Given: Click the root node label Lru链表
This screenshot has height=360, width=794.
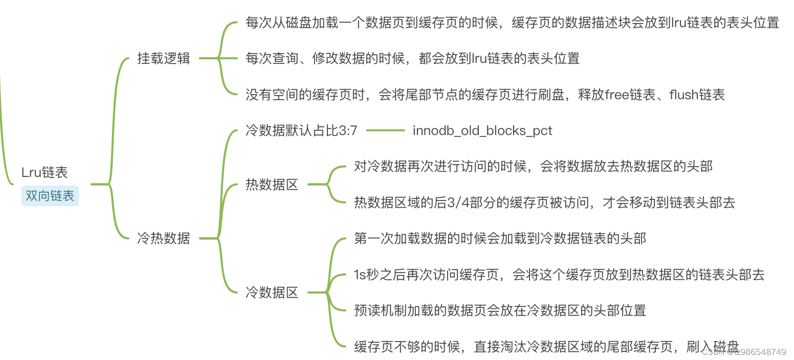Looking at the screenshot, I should tap(45, 173).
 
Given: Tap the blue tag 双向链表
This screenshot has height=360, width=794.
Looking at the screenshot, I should tap(50, 196).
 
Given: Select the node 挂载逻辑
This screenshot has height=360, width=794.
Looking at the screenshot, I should tap(164, 58).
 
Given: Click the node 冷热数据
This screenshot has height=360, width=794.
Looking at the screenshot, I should tap(164, 238).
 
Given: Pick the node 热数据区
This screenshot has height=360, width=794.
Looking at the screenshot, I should tap(272, 185).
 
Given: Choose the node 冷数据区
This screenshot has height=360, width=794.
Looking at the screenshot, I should tap(272, 293).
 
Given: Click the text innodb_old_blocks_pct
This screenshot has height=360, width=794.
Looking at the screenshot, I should tap(482, 130).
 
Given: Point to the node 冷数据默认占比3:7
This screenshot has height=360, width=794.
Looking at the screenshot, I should tap(301, 130).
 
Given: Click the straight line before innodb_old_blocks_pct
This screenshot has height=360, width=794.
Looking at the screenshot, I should tap(385, 130).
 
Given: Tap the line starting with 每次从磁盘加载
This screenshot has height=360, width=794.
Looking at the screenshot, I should tap(512, 23).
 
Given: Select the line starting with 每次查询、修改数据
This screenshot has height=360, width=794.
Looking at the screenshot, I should tap(412, 58).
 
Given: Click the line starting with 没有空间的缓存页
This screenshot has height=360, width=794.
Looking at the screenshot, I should tap(485, 95).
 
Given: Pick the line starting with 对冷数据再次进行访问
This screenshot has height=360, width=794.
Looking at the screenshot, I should tap(533, 166).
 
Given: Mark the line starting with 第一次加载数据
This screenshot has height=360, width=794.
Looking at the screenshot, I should tap(500, 239).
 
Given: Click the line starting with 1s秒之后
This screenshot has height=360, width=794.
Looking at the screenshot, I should tap(559, 275).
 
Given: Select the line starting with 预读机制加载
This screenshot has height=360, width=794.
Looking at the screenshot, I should tap(500, 310).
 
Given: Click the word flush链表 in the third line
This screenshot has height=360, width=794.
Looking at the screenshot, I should tap(697, 95).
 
